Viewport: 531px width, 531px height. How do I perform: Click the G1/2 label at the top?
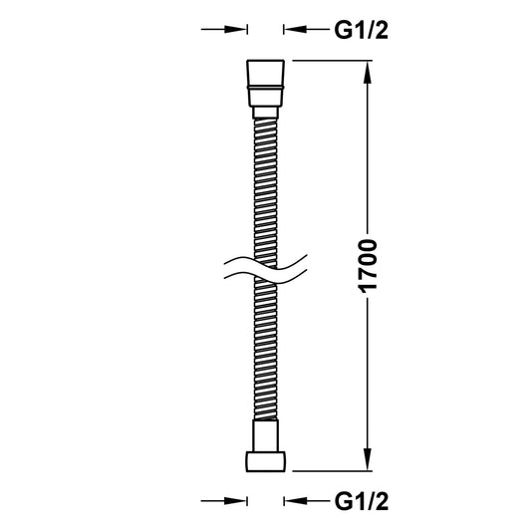360,30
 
